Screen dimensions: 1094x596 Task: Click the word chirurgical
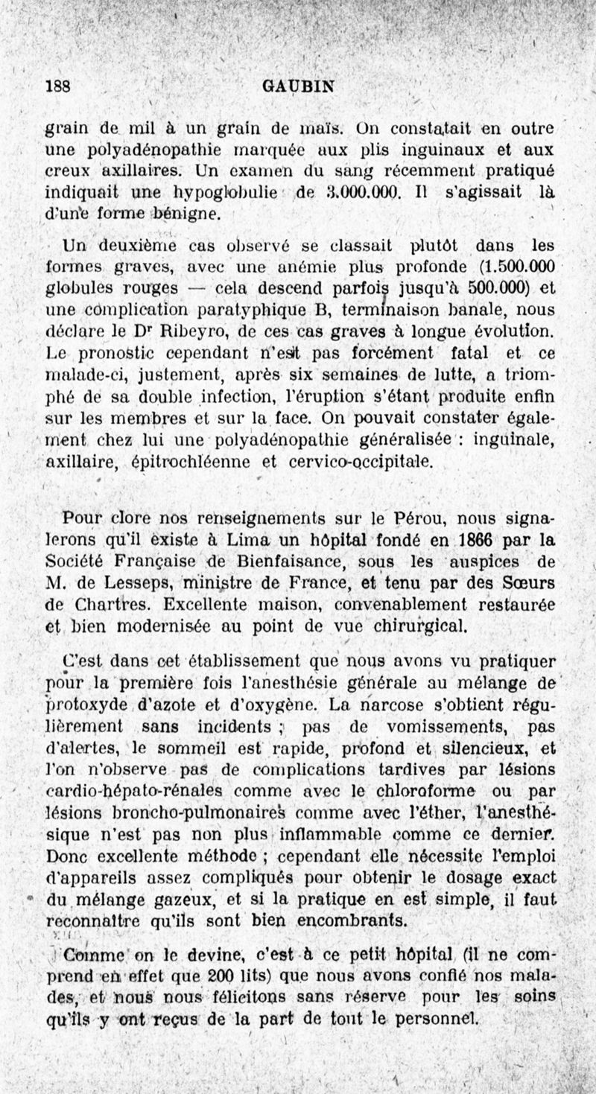coord(422,626)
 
